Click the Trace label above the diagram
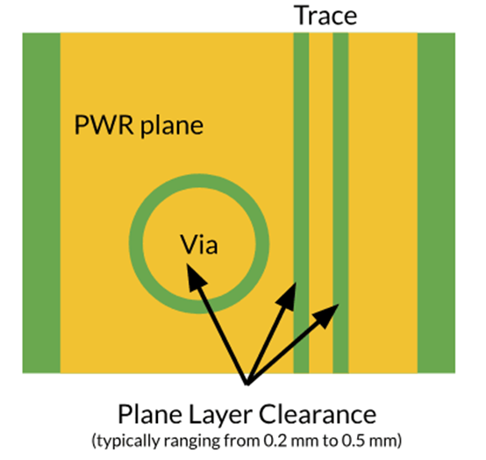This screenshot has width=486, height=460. click(x=326, y=16)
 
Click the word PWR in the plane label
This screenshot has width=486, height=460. click(x=104, y=125)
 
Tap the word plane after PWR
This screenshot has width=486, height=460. click(x=172, y=126)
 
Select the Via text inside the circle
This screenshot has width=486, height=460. click(x=199, y=244)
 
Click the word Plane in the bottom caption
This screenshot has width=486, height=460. click(x=150, y=414)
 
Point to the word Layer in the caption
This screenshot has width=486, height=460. click(x=220, y=415)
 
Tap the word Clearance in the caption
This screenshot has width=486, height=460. click(x=318, y=414)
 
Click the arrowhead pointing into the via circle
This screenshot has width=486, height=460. click(x=195, y=276)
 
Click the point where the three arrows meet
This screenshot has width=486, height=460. click(x=247, y=385)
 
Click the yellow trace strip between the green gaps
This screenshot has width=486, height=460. click(x=321, y=203)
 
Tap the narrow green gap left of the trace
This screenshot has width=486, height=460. click(x=301, y=203)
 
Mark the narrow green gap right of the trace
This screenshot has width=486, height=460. click(x=341, y=203)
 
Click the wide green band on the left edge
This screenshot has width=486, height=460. click(x=41, y=203)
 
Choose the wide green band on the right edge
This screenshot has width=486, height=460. click(x=436, y=203)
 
